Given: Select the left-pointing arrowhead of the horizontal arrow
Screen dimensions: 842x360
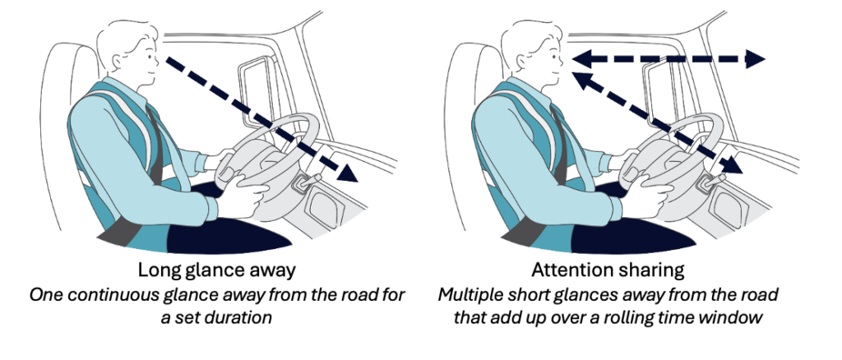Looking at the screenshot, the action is click(x=581, y=58).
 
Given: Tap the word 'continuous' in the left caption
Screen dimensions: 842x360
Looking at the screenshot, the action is click(x=107, y=295).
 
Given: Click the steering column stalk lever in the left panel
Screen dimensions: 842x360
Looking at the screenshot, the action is click(x=309, y=181).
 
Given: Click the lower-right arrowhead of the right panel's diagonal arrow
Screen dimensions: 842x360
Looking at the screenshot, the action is click(x=733, y=164).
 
